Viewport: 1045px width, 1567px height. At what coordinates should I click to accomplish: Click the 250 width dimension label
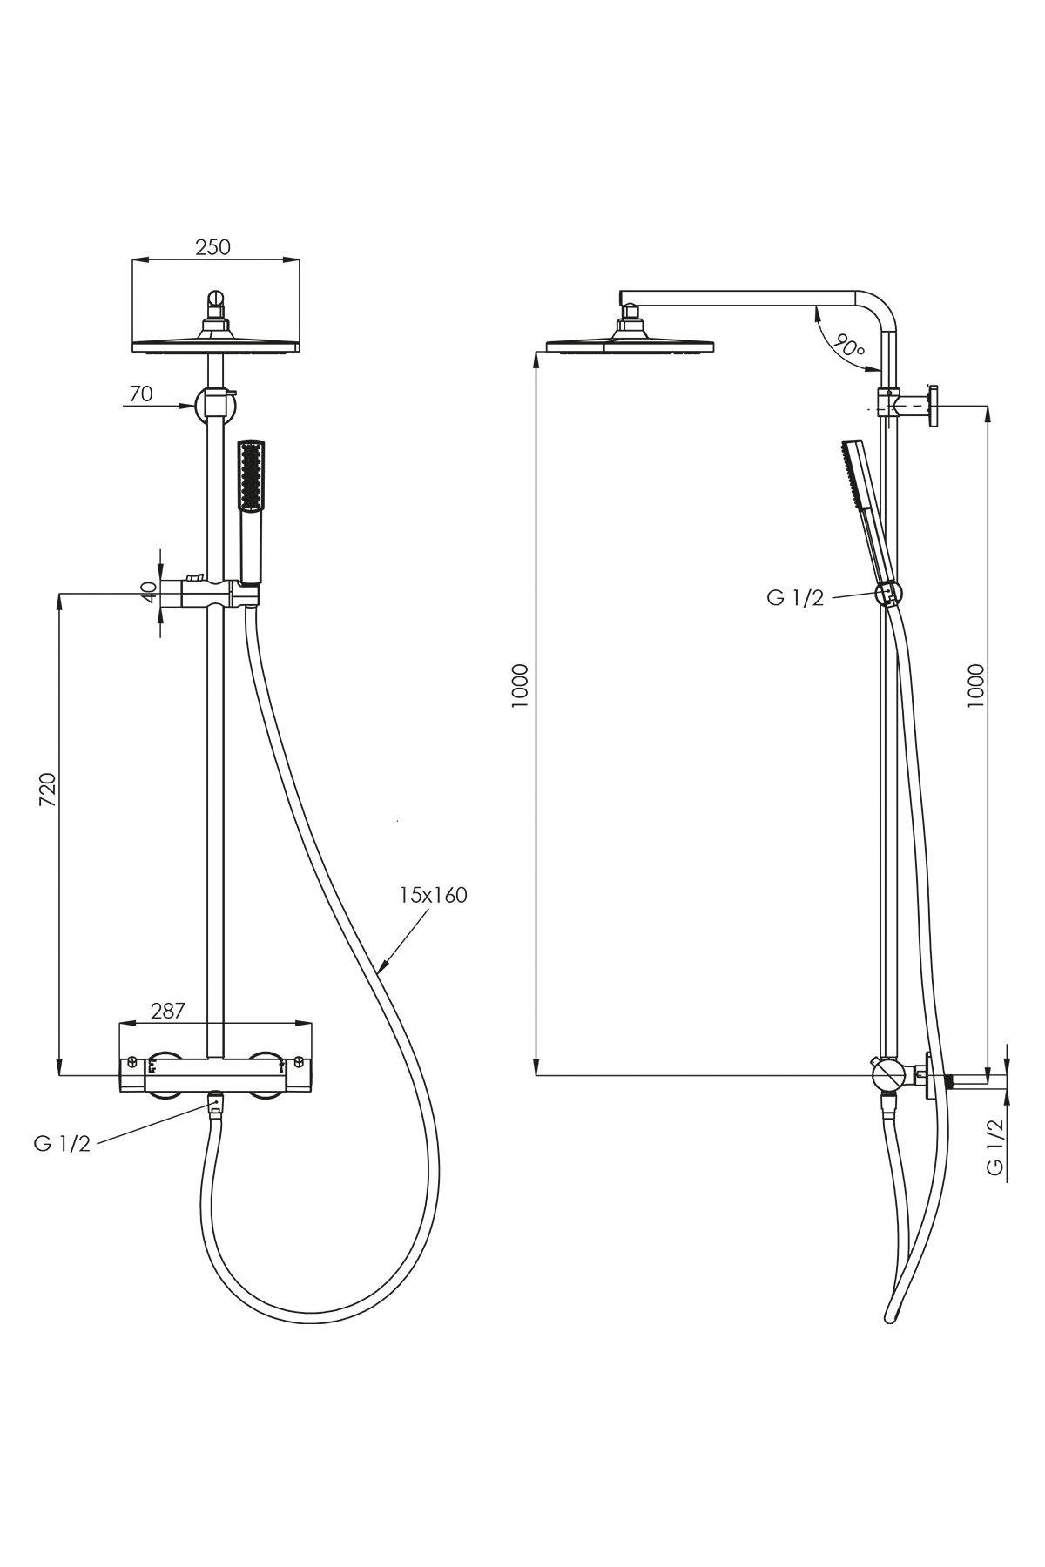[212, 246]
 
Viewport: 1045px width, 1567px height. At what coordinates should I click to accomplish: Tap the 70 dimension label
[141, 393]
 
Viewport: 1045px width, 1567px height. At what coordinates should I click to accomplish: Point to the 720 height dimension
[49, 789]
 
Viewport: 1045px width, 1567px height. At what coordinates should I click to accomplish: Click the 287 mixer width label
[168, 1011]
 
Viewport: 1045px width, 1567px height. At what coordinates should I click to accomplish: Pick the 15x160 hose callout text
[434, 894]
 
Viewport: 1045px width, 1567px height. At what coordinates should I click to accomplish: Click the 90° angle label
[846, 345]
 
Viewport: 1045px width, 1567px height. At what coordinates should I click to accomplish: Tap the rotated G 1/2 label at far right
[995, 1147]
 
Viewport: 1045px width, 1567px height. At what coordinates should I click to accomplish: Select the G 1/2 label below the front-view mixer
[62, 1144]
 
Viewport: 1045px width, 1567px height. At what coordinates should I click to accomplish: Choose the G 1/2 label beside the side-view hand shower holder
[795, 598]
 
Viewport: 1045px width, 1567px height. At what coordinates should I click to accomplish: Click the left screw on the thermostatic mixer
[131, 1062]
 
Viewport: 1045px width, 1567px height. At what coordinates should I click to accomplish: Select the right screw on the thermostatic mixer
[299, 1062]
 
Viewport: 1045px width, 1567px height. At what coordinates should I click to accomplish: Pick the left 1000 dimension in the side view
[520, 685]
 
